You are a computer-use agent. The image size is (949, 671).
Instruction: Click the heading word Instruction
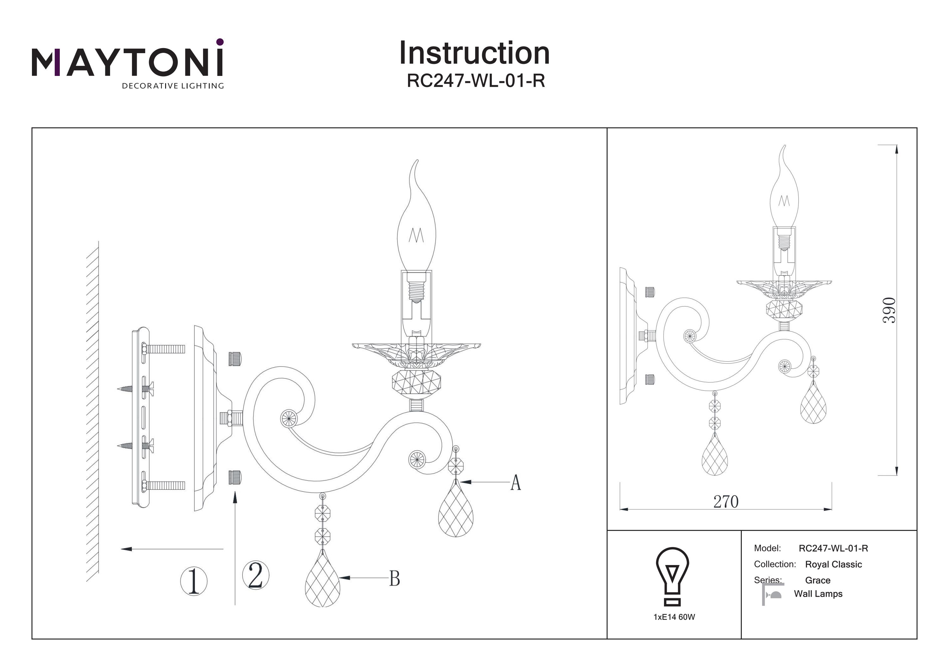(x=474, y=53)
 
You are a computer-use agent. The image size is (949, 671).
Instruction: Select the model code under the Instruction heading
(x=476, y=81)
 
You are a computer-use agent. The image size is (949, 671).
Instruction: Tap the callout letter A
(x=515, y=482)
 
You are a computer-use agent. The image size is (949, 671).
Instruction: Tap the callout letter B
(x=394, y=579)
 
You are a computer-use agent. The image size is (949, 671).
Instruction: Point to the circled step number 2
(x=255, y=575)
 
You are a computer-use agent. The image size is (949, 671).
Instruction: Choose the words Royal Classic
(x=833, y=564)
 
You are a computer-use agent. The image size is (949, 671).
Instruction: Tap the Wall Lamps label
(x=818, y=594)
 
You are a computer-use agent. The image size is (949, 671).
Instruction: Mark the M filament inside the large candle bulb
(x=416, y=236)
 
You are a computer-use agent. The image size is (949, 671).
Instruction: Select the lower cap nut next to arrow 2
(x=234, y=477)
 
